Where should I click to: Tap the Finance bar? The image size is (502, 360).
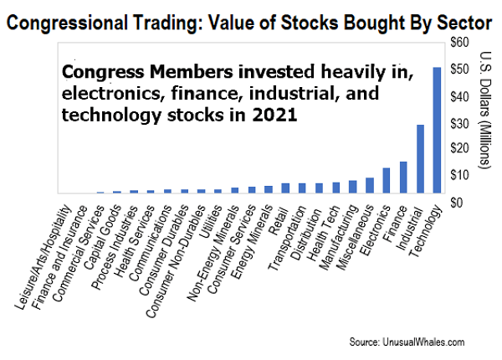click(x=403, y=177)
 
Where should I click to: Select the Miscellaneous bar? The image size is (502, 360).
click(x=369, y=189)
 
